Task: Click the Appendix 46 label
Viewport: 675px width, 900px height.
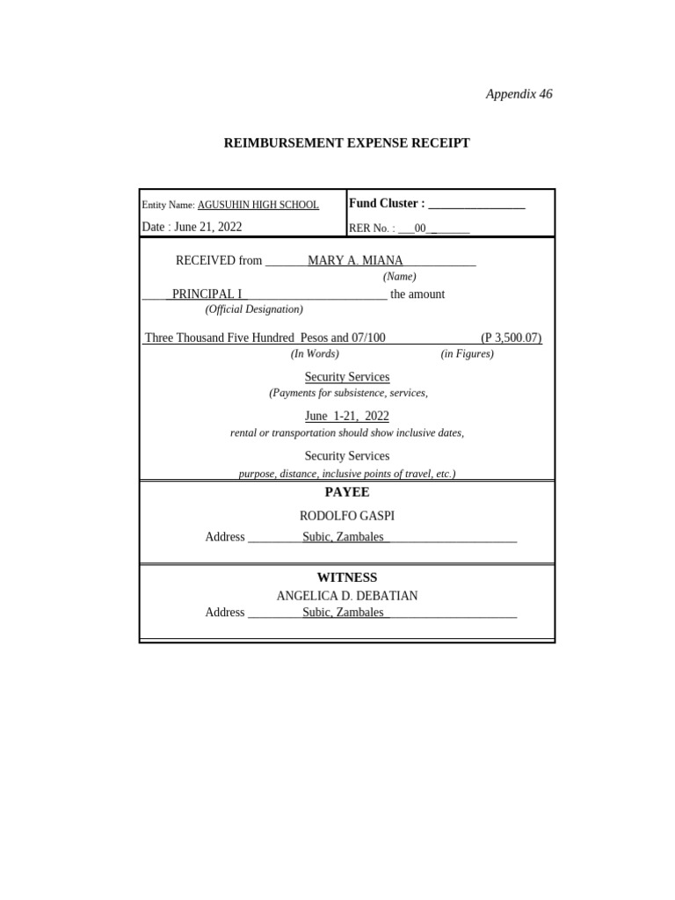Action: pos(519,94)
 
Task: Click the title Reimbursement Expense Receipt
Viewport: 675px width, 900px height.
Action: pos(346,142)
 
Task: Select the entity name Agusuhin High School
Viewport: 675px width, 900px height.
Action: pos(258,205)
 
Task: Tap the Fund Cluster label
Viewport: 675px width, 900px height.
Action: pos(387,203)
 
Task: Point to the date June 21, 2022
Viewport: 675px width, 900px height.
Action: pos(192,227)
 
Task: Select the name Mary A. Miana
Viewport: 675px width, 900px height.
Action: pos(355,260)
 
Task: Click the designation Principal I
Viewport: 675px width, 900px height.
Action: pos(207,294)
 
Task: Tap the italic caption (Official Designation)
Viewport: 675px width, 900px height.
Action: pos(254,309)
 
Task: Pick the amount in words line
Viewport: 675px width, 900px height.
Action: pos(265,337)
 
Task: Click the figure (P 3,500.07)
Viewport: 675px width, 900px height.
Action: pos(511,337)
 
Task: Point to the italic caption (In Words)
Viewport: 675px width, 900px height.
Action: pos(315,353)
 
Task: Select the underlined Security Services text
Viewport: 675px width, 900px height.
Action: pos(346,377)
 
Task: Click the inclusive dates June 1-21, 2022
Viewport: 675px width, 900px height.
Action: pos(346,416)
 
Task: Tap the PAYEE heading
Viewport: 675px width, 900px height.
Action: pos(346,492)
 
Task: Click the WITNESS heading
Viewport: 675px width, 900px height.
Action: pos(346,577)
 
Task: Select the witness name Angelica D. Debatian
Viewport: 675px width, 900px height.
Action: pos(346,596)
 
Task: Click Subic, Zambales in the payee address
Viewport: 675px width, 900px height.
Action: pos(344,536)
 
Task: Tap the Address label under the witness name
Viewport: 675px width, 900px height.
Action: pos(224,612)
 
